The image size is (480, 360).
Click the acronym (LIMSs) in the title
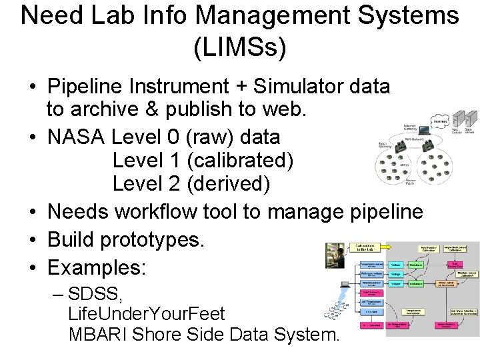[240, 47]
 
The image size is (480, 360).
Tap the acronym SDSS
[94, 294]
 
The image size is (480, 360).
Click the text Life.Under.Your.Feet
[147, 314]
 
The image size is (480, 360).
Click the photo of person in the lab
[335, 257]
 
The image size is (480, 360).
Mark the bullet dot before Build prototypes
[32, 241]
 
